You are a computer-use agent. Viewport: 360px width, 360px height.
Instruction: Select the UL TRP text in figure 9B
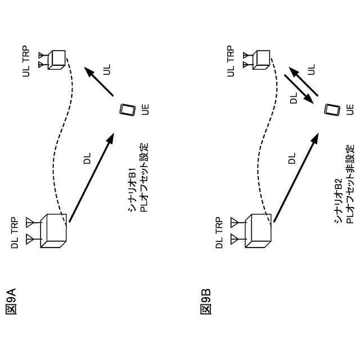coord(230,61)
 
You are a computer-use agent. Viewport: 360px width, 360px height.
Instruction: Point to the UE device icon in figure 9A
coord(128,109)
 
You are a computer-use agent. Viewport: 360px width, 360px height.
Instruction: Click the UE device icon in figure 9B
coord(332,109)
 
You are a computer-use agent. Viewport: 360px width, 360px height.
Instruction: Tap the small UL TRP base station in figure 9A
coord(55,60)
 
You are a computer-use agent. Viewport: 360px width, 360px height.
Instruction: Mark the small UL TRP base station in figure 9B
coord(260,60)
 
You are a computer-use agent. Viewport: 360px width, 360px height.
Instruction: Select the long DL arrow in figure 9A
coord(91,178)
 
